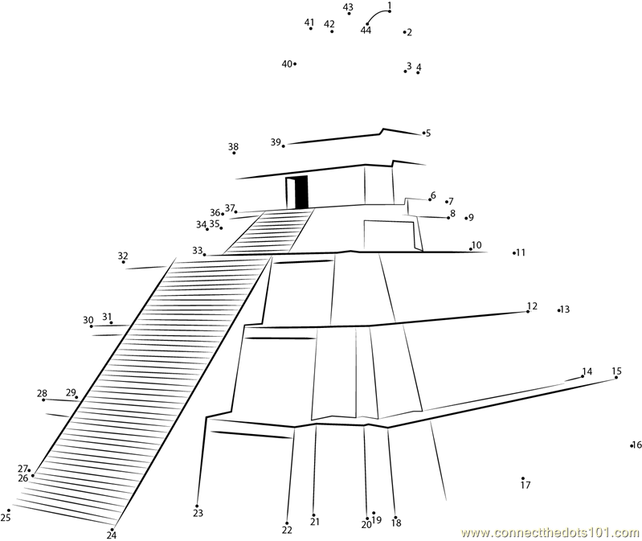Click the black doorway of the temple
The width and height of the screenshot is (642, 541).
(301, 192)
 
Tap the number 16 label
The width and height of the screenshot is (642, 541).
(637, 445)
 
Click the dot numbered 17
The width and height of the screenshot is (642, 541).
(523, 478)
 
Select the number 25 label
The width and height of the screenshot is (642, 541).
(6, 518)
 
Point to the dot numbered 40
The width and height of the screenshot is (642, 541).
(295, 64)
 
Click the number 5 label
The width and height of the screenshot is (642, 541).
(428, 133)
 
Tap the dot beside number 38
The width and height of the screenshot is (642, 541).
(234, 153)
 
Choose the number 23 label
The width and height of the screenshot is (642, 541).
(198, 513)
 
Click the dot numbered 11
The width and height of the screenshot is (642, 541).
(514, 253)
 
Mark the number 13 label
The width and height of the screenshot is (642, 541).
(565, 309)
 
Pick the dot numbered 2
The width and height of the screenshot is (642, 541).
(404, 31)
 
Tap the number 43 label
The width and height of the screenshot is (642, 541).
(348, 7)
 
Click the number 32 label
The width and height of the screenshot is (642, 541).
(123, 256)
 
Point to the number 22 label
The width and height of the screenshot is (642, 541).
(287, 530)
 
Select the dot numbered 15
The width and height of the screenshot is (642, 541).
(615, 377)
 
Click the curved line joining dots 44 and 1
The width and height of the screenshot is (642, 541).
(376, 14)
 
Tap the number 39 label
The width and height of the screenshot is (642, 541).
(276, 142)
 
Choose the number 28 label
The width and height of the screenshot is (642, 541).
(42, 394)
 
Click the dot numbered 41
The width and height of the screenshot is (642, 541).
(311, 28)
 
